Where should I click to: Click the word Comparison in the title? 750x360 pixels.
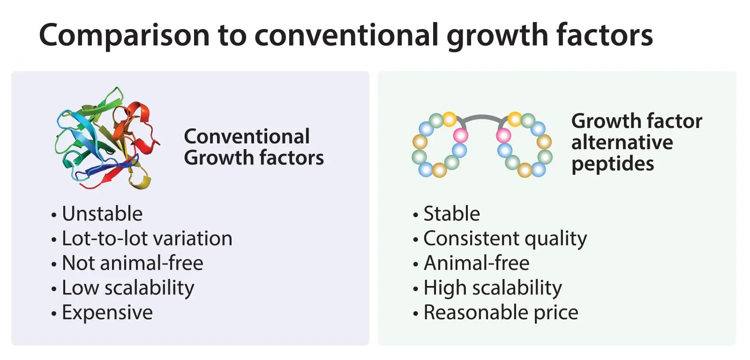click(x=124, y=36)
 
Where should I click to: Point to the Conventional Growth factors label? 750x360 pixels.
click(x=254, y=147)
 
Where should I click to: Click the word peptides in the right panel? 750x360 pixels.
click(x=613, y=165)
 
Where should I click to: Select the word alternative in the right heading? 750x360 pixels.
click(x=622, y=142)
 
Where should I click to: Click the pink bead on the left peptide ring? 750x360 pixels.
click(x=460, y=136)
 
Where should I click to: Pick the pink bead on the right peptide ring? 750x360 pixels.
click(x=503, y=136)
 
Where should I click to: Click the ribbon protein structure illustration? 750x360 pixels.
click(x=107, y=138)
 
